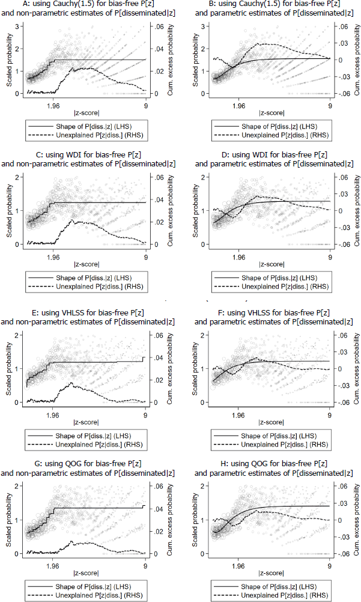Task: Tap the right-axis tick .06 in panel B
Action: (x=342, y=27)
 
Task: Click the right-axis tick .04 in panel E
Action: (x=158, y=358)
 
